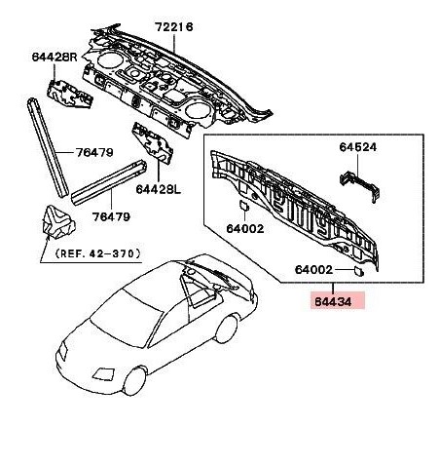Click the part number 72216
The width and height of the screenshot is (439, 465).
click(x=173, y=27)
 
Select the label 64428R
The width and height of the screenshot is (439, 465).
click(x=55, y=57)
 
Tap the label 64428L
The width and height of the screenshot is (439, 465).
click(x=158, y=189)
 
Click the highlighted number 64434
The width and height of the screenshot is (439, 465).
click(x=333, y=302)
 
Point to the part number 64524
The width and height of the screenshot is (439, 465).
click(x=358, y=147)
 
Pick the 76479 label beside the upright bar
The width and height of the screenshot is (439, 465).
click(x=94, y=152)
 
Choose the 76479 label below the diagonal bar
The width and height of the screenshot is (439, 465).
click(x=111, y=216)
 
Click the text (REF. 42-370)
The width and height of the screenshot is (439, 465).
click(x=98, y=253)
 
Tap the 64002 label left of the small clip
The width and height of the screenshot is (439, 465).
click(x=313, y=270)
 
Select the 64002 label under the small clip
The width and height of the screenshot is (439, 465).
click(x=245, y=229)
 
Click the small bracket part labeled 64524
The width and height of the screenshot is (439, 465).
click(x=360, y=186)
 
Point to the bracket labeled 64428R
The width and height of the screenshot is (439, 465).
click(x=70, y=94)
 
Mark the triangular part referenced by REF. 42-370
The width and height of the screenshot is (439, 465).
click(x=57, y=222)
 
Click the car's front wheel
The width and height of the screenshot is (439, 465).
click(x=134, y=380)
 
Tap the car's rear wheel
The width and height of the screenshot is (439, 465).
click(x=227, y=329)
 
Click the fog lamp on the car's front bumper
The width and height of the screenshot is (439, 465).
click(x=104, y=373)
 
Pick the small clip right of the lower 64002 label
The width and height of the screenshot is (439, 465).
click(x=358, y=270)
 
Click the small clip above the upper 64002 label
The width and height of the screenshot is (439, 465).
click(x=243, y=206)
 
